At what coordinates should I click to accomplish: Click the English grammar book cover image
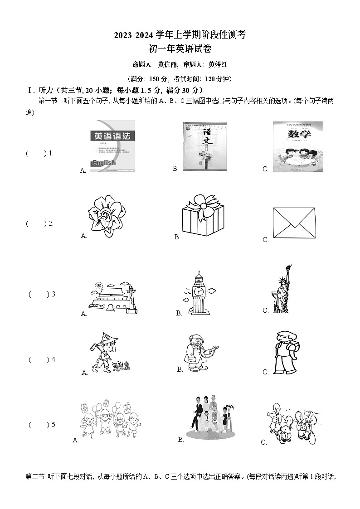point(112,146)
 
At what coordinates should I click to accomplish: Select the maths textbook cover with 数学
point(297,146)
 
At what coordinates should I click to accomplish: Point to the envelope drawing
point(294,223)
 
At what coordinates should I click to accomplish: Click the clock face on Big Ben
point(199,292)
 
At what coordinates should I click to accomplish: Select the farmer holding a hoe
point(103,351)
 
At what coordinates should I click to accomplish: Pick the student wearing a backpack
point(286,351)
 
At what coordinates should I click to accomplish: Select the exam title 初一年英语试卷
point(180,49)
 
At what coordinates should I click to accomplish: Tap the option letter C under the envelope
point(266,240)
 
